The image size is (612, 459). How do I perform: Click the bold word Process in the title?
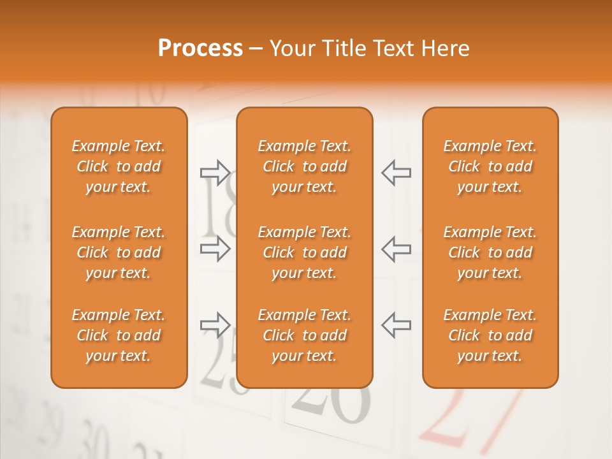tap(200, 48)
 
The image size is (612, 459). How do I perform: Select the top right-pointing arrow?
tap(215, 172)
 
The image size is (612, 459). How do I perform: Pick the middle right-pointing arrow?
tap(215, 249)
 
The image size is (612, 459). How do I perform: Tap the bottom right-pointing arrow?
tap(215, 325)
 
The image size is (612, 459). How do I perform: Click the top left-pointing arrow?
tap(396, 172)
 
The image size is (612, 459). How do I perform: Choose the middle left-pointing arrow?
tap(396, 249)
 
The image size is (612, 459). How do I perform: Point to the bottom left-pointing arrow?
tap(396, 325)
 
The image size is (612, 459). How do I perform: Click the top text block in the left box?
tap(119, 166)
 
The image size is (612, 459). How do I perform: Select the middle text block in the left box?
tap(119, 252)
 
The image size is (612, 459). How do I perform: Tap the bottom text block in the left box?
tap(119, 335)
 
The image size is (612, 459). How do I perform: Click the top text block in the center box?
tap(305, 166)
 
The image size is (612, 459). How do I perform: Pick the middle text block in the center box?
tap(305, 252)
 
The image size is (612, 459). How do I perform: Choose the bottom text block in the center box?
tap(305, 335)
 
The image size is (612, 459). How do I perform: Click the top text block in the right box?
tap(490, 166)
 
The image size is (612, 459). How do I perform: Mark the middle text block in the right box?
tap(490, 252)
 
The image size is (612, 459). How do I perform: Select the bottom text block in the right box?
tap(490, 335)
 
